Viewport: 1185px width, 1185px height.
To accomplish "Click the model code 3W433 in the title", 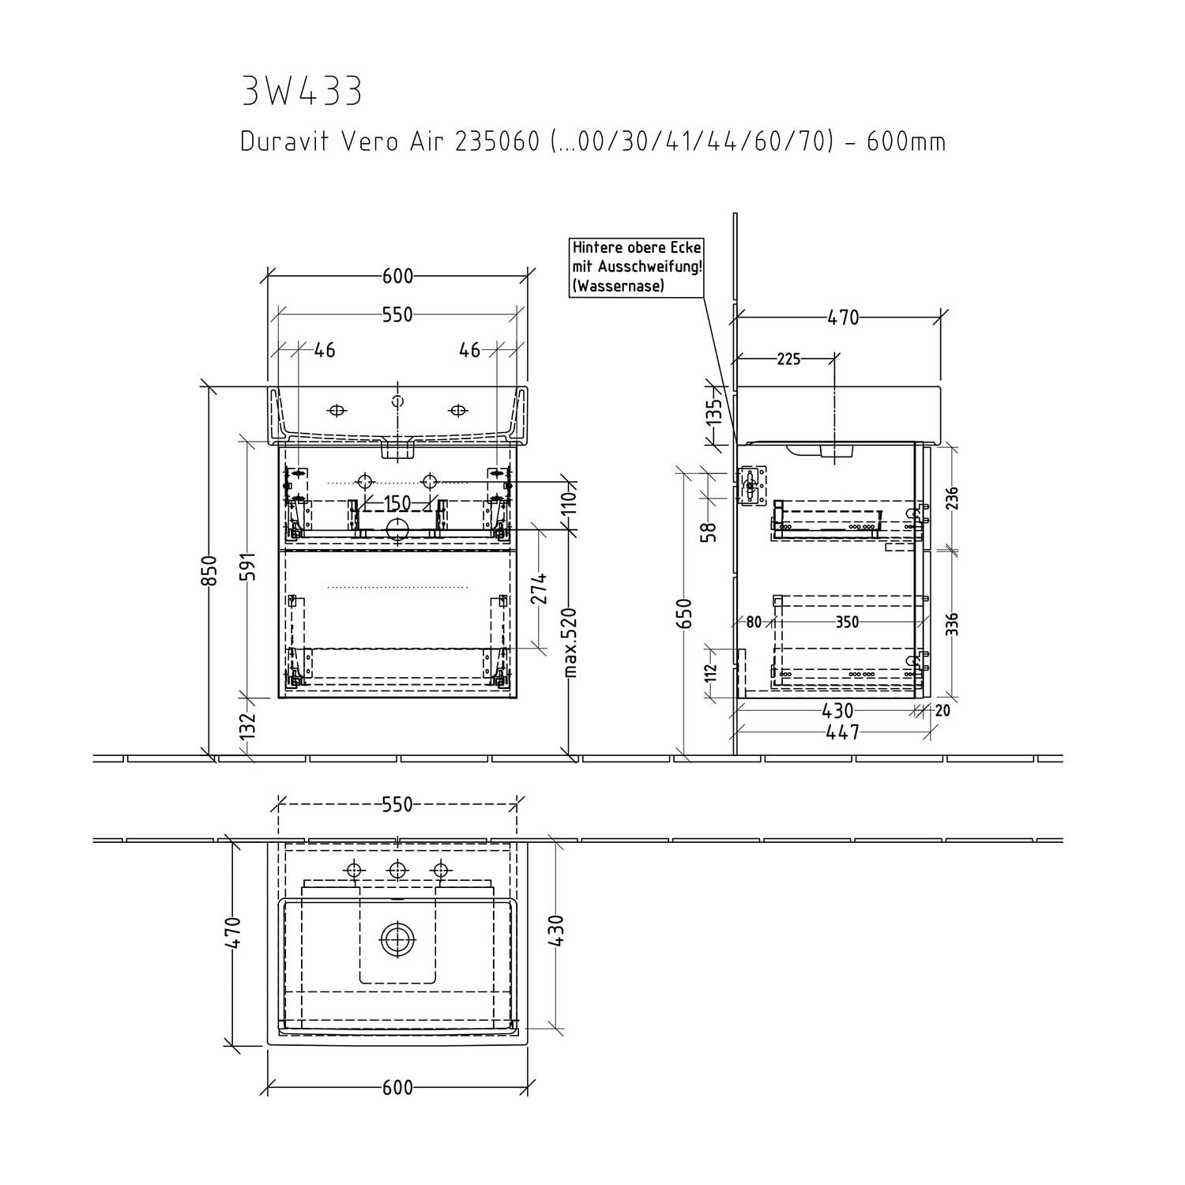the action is coord(302,92).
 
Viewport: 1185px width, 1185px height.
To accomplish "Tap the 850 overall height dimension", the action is coord(208,571).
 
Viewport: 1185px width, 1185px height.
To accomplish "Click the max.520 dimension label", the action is coord(571,642).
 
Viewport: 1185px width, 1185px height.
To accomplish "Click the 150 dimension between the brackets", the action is coord(397,503).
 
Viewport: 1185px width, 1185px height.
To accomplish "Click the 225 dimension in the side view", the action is coord(788,359).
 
